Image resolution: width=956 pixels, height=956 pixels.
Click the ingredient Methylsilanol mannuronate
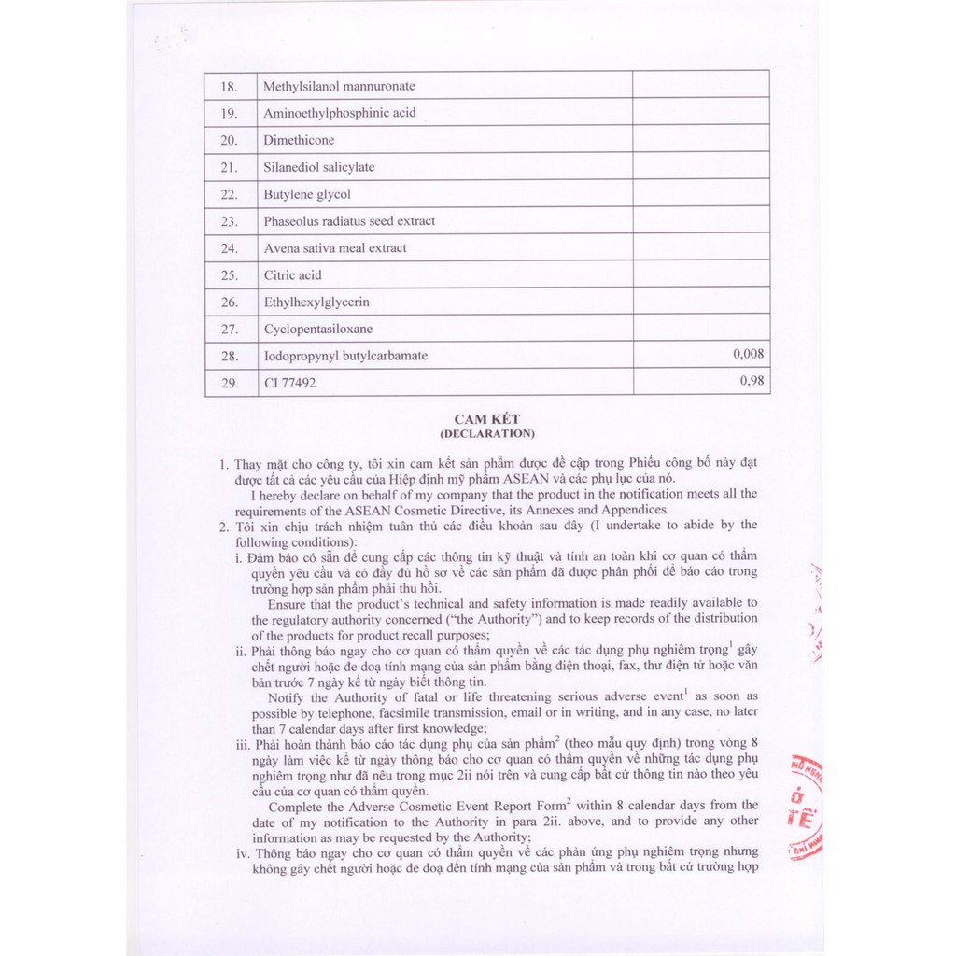point(339,86)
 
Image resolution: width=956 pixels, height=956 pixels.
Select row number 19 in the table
point(229,113)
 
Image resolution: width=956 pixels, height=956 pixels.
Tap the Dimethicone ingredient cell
point(299,140)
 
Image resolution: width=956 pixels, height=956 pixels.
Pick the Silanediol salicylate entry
point(319,167)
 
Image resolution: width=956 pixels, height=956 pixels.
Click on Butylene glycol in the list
point(307,194)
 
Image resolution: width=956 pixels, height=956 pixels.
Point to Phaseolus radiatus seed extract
point(349,221)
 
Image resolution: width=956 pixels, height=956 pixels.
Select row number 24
point(229,248)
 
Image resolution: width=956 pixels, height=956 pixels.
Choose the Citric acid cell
point(293,275)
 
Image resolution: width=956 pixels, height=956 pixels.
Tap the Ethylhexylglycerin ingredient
point(316,302)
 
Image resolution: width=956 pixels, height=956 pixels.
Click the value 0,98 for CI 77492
point(752,381)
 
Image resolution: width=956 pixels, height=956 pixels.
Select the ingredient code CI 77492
point(290,383)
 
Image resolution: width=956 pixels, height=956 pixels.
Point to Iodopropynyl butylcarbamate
point(345,356)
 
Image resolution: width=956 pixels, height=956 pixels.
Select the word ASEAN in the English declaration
point(366,510)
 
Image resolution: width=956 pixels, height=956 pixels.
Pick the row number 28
point(229,356)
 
